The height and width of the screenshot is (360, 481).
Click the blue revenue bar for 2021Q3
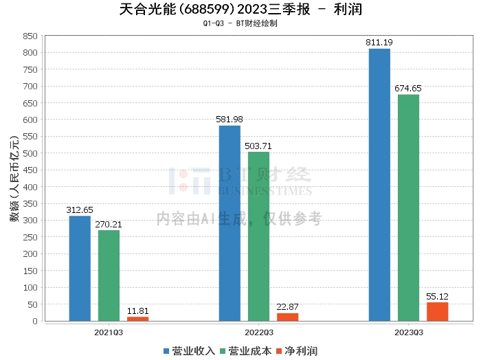[80, 268]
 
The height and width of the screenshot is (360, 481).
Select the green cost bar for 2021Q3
[109, 275]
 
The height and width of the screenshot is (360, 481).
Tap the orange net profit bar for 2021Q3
[137, 318]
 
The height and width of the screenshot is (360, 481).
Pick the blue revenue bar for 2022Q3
[230, 223]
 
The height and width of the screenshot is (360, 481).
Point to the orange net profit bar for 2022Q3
[287, 317]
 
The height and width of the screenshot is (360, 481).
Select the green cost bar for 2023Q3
[408, 207]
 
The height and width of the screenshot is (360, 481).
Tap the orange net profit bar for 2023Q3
[437, 311]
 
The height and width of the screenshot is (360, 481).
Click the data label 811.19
[379, 43]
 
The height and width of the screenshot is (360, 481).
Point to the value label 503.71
[258, 146]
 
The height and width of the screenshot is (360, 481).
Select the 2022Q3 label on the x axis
[258, 333]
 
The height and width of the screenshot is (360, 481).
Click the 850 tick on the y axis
[30, 36]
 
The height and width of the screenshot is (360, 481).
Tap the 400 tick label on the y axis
[30, 187]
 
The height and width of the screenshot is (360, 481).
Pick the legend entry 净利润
[297, 351]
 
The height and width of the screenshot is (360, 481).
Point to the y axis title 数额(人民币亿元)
[13, 178]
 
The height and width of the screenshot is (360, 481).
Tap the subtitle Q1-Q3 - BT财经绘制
[240, 23]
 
